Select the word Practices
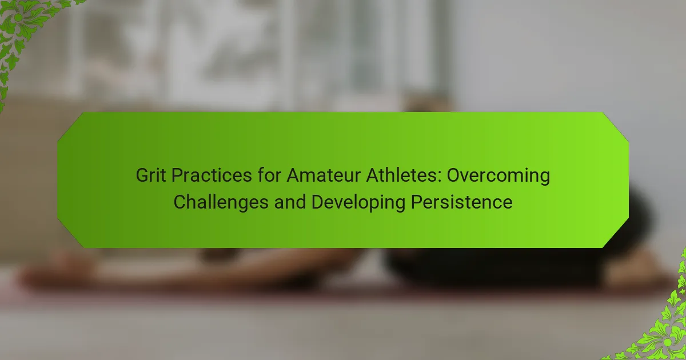(212, 176)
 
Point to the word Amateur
(324, 175)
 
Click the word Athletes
(402, 175)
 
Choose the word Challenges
(221, 203)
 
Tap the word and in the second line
(290, 202)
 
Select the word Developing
(358, 203)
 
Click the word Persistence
(461, 202)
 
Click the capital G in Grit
(142, 175)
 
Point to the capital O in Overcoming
(453, 175)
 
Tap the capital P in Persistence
(417, 202)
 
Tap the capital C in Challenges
(180, 202)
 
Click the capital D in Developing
(318, 202)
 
